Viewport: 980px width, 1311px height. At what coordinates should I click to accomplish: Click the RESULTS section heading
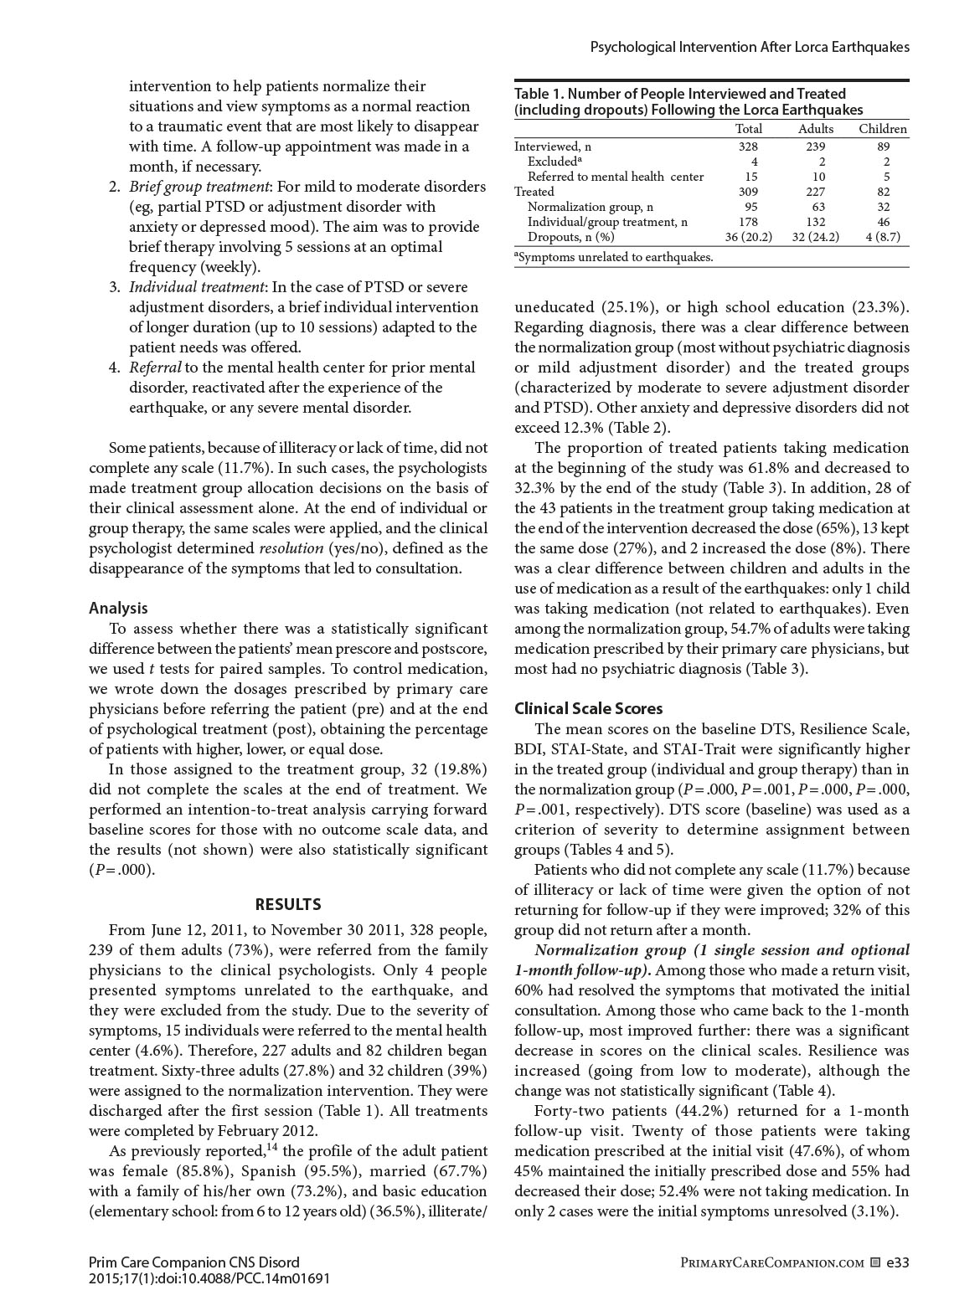287,904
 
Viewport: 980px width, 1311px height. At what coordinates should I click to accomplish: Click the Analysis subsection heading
118,609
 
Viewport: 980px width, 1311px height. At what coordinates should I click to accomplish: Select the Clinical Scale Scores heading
588,709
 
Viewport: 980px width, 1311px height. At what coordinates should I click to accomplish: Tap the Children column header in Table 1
883,129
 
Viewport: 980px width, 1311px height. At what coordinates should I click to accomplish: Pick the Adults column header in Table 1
815,129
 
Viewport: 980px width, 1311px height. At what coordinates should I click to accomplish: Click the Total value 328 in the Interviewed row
748,147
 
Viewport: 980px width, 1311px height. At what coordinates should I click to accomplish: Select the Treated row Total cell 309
748,192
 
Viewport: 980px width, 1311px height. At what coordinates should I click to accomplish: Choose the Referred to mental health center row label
616,177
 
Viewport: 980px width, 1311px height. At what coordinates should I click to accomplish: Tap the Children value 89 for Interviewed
886,147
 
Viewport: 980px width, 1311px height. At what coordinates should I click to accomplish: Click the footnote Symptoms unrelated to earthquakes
616,257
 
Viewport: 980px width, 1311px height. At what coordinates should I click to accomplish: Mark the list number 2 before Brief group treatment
114,187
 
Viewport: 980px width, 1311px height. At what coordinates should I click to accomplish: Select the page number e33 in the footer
897,1262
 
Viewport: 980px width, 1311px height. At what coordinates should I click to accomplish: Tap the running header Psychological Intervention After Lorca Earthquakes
750,48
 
